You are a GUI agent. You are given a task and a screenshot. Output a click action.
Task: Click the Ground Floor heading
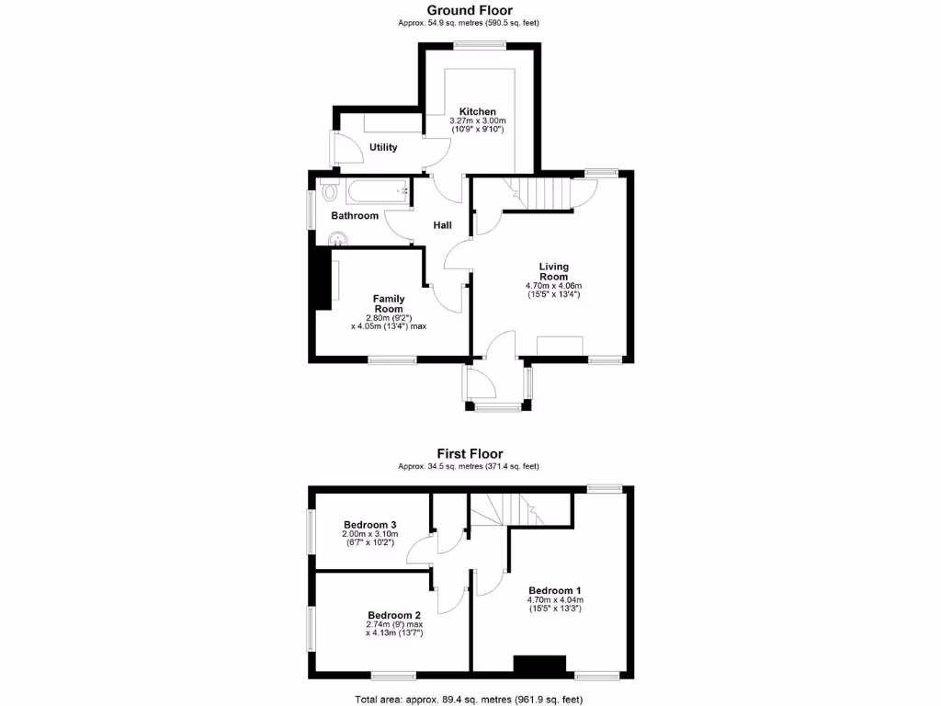coord(470,11)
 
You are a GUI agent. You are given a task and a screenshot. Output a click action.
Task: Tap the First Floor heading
coord(470,454)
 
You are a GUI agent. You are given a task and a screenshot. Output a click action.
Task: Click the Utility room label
coord(383,147)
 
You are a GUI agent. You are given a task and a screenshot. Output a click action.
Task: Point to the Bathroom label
coord(355,216)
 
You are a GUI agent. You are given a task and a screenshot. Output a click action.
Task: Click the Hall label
coord(442,225)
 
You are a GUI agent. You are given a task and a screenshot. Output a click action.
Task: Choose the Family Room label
coord(389,303)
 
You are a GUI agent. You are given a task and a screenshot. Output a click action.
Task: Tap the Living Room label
coord(554,272)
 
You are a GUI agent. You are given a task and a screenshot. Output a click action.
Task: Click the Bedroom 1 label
coord(554,590)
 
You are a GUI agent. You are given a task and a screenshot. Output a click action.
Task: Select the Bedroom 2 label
coord(394,615)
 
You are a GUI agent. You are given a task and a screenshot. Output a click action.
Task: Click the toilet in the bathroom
coord(328,193)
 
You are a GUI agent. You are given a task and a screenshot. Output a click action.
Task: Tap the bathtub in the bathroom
coord(377,192)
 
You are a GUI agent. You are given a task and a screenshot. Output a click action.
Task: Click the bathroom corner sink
coord(337,239)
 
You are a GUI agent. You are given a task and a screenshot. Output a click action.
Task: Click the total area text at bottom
coord(469,700)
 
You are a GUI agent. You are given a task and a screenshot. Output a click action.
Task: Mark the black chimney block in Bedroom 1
coord(539,666)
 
